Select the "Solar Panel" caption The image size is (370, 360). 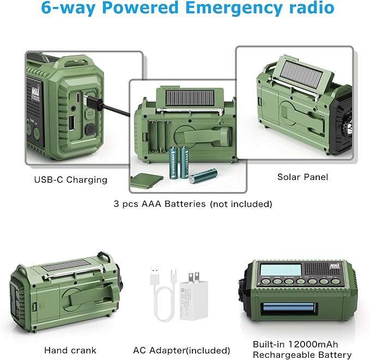coord(302,177)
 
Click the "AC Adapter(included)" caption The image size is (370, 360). coord(181,350)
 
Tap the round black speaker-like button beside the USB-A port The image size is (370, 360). coord(90,130)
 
